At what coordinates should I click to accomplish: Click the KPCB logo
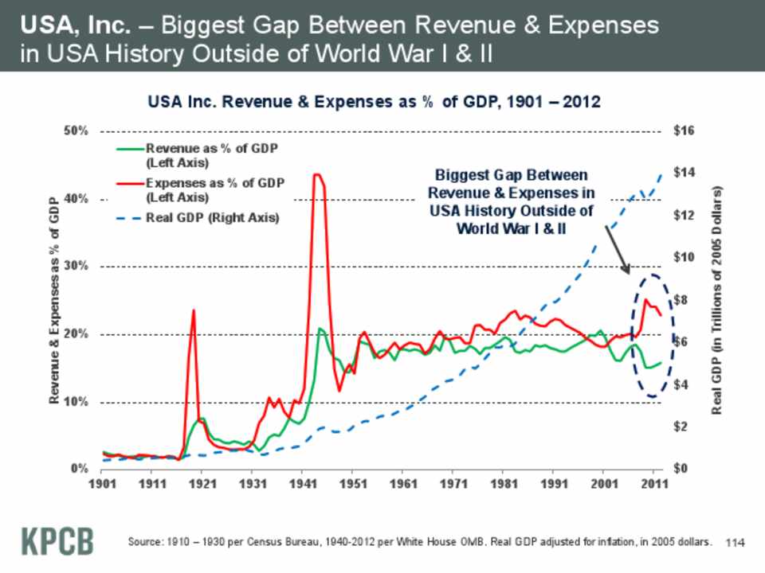click(x=56, y=540)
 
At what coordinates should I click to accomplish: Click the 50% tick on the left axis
click(x=76, y=131)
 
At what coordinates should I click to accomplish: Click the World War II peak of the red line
click(x=317, y=174)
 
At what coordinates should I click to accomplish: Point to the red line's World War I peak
click(x=193, y=310)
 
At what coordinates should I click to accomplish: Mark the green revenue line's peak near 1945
click(x=320, y=328)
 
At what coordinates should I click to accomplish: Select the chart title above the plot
click(x=374, y=103)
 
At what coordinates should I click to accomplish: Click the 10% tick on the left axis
click(x=76, y=402)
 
